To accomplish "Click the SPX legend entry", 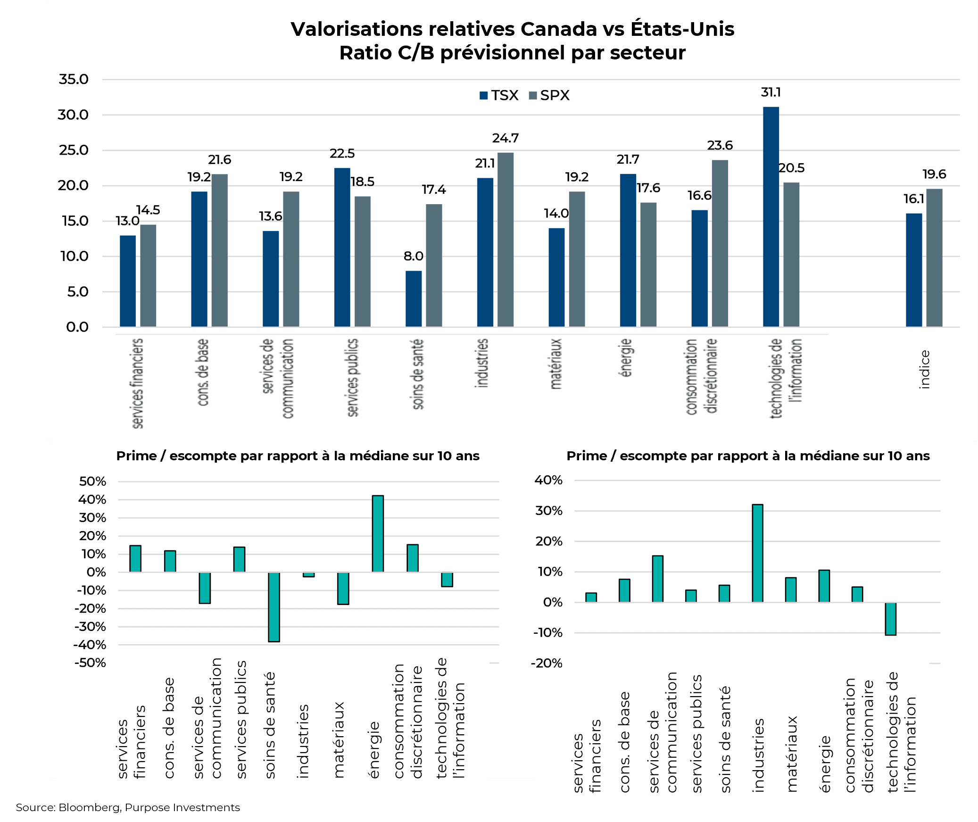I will (549, 95).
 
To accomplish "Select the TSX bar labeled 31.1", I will (771, 217).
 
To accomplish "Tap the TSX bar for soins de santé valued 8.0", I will (414, 299).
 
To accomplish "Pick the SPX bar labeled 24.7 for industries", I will (506, 240).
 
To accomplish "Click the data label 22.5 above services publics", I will (342, 153).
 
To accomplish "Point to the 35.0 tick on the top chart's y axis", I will (74, 79).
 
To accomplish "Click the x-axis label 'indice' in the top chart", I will (924, 369).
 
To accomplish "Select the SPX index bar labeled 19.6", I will (934, 257).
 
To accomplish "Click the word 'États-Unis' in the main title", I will (682, 29).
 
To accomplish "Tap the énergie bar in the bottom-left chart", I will (378, 533).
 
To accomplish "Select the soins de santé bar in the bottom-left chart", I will (274, 607).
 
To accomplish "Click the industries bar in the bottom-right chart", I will (757, 553).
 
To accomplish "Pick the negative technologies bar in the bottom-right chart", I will (890, 618).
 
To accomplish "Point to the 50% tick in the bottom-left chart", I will (93, 482).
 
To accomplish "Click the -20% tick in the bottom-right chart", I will (547, 663).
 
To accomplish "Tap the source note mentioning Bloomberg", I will (128, 807).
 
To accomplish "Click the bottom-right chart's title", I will (748, 456).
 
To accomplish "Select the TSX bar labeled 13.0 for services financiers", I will (128, 281).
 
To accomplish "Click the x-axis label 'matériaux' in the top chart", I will (556, 364).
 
